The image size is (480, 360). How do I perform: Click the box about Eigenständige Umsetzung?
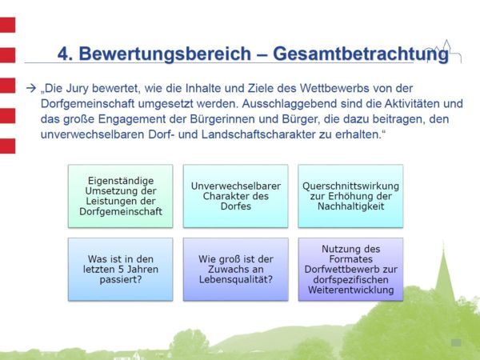click(x=120, y=195)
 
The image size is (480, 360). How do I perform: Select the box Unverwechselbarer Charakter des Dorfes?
click(x=235, y=195)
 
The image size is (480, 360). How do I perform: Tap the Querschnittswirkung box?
click(x=350, y=195)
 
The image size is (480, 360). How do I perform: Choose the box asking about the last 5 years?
click(x=120, y=269)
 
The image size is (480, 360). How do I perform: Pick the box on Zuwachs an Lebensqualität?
click(x=235, y=269)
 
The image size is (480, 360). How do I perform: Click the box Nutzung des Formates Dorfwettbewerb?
click(x=350, y=269)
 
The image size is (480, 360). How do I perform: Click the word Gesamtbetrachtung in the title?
click(x=360, y=54)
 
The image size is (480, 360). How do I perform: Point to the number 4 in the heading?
click(x=63, y=54)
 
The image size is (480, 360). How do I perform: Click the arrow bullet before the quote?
click(x=31, y=86)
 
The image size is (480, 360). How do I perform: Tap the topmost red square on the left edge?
click(x=7, y=24)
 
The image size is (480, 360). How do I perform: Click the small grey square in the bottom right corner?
click(x=456, y=342)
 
